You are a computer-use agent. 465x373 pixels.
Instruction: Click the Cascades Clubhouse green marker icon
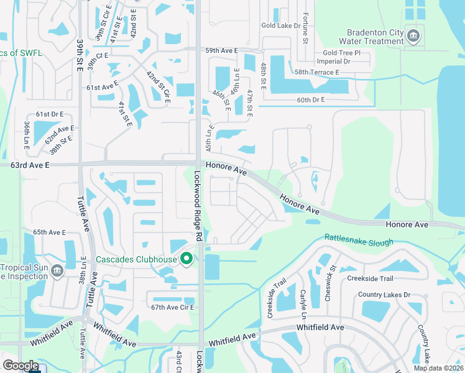(186, 259)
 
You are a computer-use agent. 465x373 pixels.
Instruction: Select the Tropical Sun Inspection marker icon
(57, 270)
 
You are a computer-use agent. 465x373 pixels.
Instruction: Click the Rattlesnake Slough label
(359, 241)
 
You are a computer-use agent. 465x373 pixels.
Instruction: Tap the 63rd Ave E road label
(29, 165)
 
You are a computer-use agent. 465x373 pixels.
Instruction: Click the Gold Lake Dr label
(280, 25)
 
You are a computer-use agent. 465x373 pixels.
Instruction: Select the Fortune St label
(305, 29)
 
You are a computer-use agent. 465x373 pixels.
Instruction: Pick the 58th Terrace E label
(317, 72)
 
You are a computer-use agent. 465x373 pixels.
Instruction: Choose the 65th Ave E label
(49, 232)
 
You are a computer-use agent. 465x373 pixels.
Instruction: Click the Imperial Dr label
(334, 62)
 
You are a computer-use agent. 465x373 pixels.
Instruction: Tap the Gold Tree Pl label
(341, 53)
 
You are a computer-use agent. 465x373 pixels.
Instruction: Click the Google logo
(21, 366)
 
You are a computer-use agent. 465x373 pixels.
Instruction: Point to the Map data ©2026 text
(438, 368)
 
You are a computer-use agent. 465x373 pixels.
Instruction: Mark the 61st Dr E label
(50, 114)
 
